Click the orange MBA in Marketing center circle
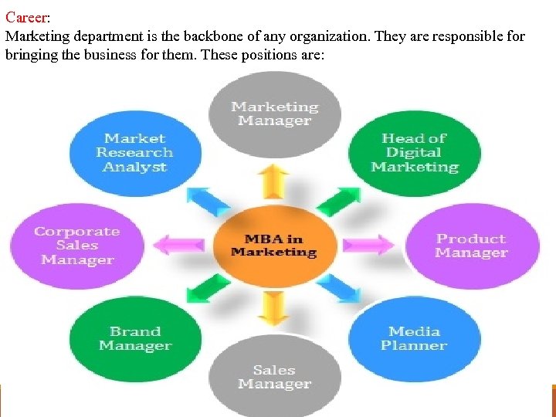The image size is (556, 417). click(x=274, y=245)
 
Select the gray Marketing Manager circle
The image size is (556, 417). click(x=274, y=114)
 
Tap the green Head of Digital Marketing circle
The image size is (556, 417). click(x=414, y=153)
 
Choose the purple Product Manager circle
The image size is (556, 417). click(x=471, y=246)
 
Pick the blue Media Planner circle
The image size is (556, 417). click(x=414, y=338)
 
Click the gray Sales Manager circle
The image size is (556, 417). click(x=274, y=377)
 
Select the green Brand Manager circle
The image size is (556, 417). click(x=135, y=338)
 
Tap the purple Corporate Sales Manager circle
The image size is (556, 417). click(x=77, y=246)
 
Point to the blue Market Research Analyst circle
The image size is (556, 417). click(x=134, y=153)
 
